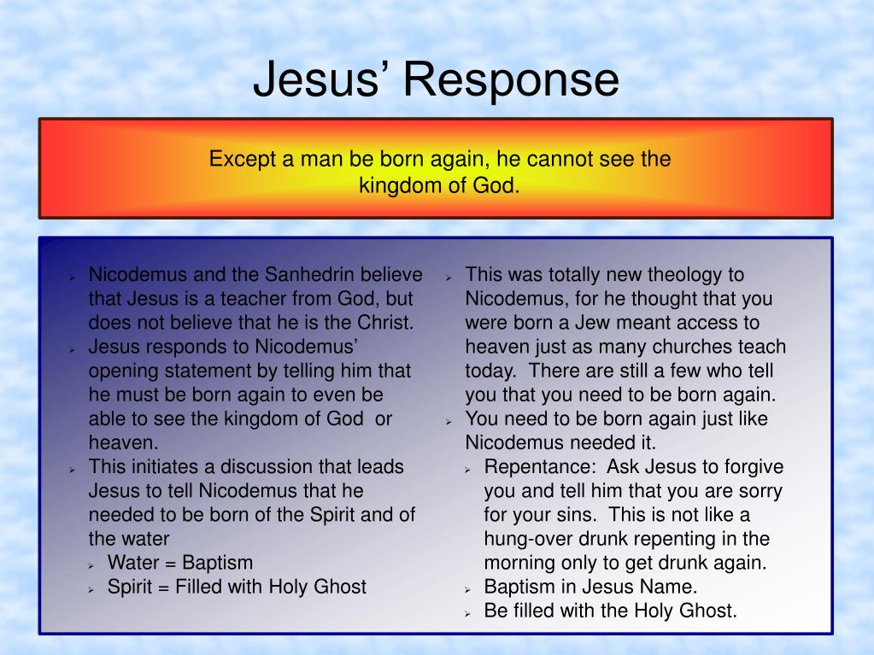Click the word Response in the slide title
(511, 79)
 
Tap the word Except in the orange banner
(241, 160)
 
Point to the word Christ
(383, 323)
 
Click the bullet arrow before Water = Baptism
(92, 564)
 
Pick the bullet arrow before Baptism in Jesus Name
(469, 588)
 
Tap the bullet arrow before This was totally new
(449, 277)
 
